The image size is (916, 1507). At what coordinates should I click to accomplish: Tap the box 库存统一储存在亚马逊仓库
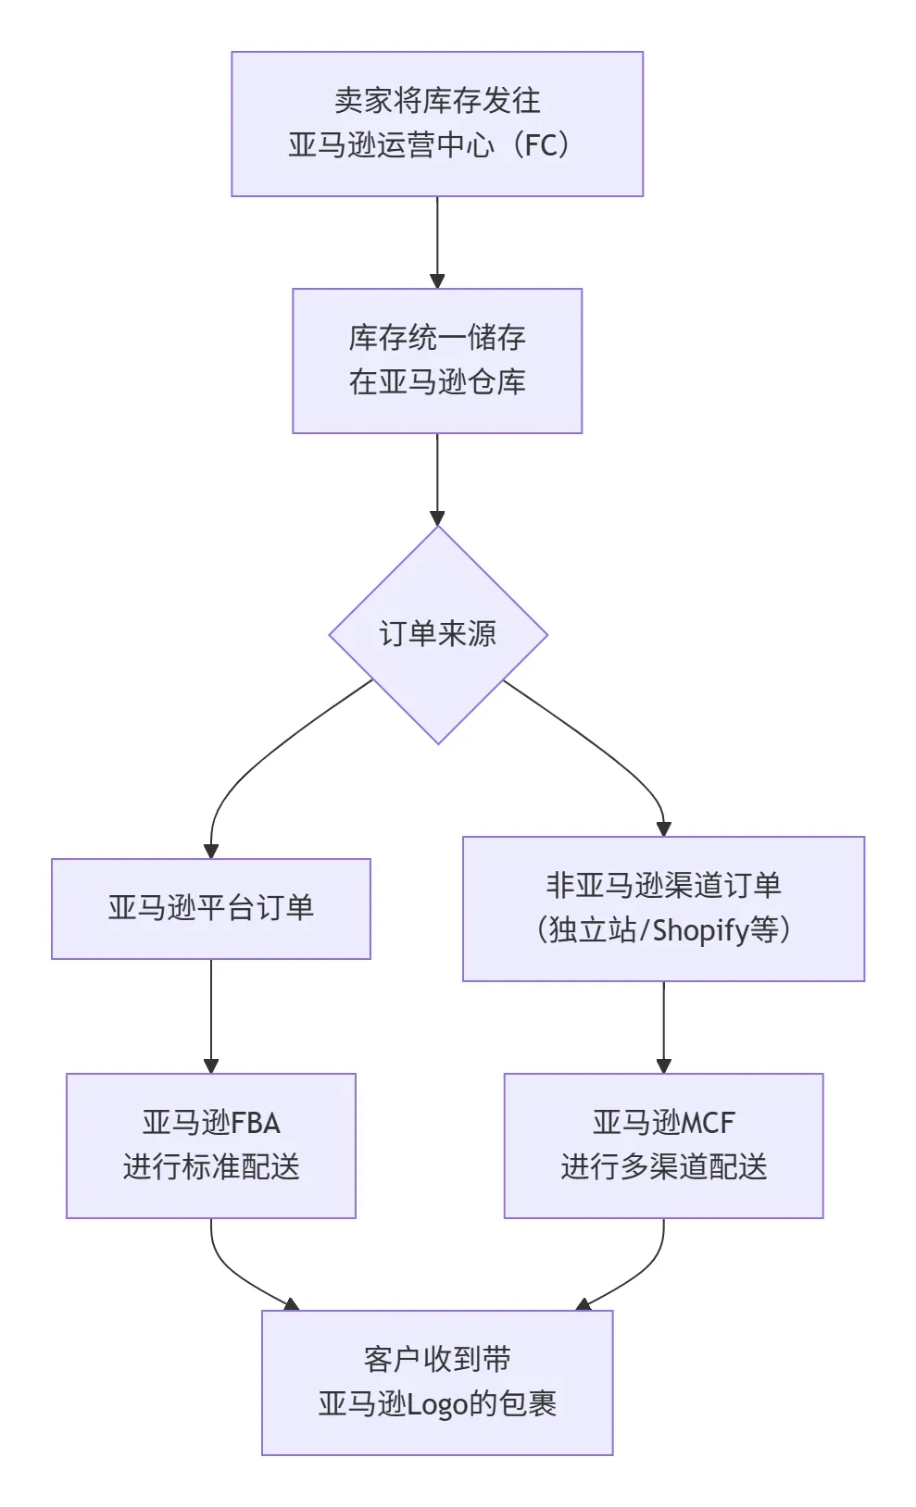[436, 360]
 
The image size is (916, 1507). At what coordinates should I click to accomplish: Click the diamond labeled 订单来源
[437, 634]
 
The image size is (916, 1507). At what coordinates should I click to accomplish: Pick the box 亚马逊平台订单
[210, 908]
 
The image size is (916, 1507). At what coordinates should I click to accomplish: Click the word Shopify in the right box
[700, 930]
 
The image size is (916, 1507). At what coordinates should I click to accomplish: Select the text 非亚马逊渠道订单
[663, 886]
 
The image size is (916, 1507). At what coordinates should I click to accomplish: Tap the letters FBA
[256, 1123]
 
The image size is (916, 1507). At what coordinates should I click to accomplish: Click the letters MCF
[708, 1123]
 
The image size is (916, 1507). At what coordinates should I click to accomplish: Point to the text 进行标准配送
[210, 1167]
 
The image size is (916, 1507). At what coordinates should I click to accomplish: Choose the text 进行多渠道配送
[663, 1167]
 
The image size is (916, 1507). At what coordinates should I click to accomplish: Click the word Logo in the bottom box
[437, 1405]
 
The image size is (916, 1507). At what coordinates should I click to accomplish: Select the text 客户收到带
[436, 1360]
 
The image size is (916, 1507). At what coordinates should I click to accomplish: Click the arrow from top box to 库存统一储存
[437, 243]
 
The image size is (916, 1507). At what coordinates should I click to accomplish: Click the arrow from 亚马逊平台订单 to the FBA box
[210, 1016]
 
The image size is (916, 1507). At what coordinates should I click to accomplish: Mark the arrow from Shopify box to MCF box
[663, 1027]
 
